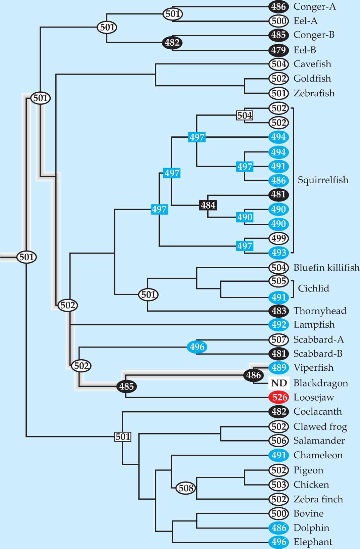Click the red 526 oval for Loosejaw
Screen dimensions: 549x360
click(x=279, y=397)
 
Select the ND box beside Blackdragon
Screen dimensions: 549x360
click(x=279, y=383)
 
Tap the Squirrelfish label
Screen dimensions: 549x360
click(x=323, y=180)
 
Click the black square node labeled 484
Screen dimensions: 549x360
click(x=208, y=205)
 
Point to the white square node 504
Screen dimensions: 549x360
click(x=245, y=116)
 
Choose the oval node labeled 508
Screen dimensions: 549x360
click(x=186, y=488)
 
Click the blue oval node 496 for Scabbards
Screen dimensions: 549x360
click(x=197, y=347)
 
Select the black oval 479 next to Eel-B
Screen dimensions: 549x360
click(x=278, y=50)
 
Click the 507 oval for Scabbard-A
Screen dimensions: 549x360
click(x=278, y=339)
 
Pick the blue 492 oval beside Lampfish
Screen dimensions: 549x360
click(x=278, y=325)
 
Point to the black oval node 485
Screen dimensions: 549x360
click(x=126, y=386)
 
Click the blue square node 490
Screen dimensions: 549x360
click(x=245, y=217)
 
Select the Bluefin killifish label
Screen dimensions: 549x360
click(x=326, y=268)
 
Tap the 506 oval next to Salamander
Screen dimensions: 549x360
click(x=278, y=441)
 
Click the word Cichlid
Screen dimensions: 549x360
click(x=313, y=288)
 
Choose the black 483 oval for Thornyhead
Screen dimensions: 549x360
click(x=278, y=311)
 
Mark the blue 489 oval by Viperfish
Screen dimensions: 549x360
click(x=278, y=368)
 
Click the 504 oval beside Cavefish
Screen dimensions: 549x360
click(x=278, y=64)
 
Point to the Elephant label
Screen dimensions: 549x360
click(x=313, y=542)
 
